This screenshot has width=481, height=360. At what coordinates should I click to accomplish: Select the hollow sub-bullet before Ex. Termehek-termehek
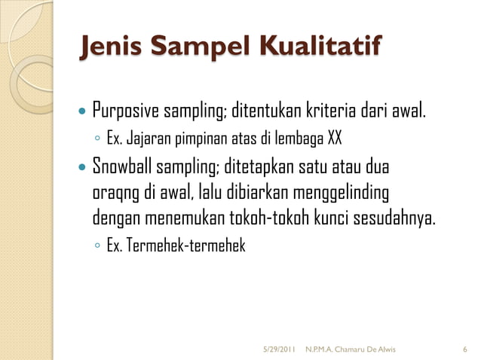tap(98, 247)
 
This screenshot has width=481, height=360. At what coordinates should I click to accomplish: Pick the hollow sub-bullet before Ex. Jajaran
tap(98, 140)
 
